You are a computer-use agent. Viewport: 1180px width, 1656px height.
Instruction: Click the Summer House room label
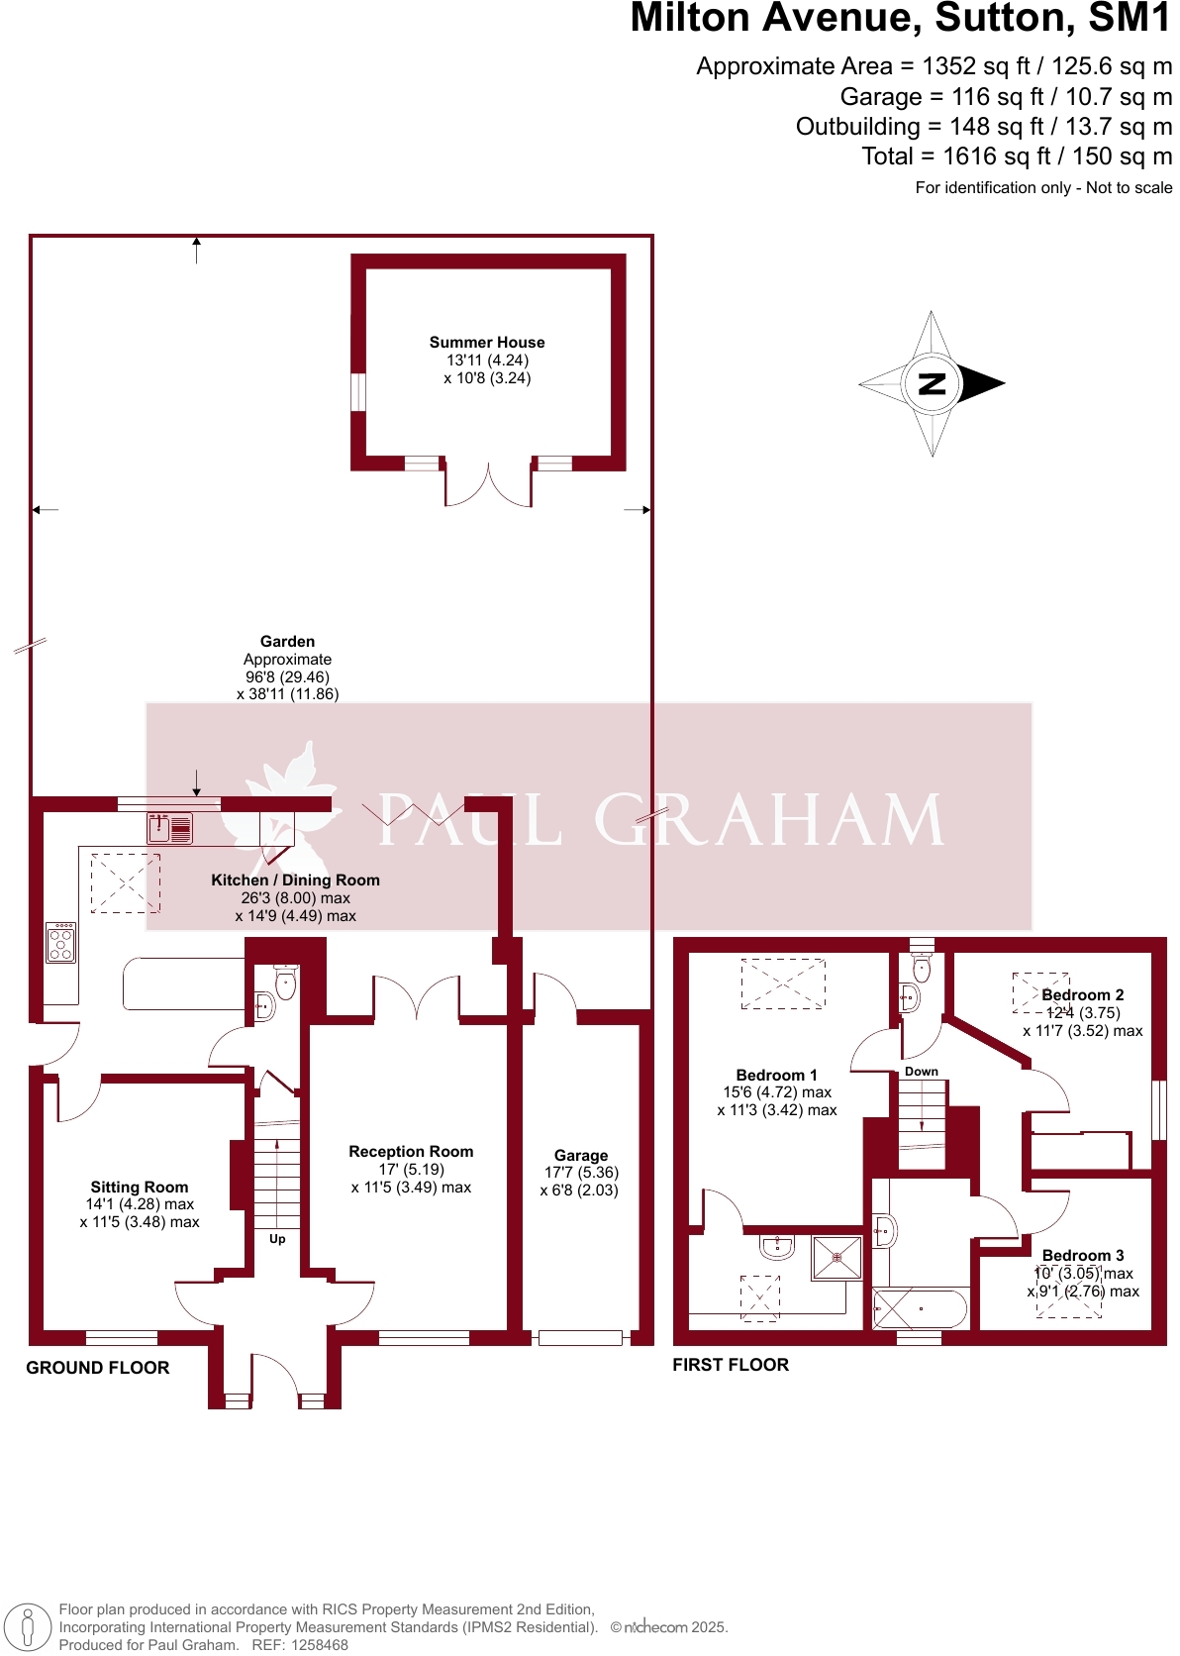coord(487,343)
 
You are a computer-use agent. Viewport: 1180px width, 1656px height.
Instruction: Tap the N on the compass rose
coord(932,384)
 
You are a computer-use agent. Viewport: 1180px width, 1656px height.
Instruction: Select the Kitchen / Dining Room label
coord(295,880)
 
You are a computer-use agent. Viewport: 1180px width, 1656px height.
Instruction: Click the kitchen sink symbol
coord(170,828)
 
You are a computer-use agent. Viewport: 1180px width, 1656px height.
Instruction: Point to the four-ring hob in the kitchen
coord(60,943)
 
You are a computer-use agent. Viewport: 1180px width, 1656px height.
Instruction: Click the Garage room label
coord(581,1156)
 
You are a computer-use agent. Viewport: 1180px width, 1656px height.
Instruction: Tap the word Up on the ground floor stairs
coord(277,1239)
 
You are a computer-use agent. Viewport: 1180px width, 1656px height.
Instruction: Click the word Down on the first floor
coord(922,1072)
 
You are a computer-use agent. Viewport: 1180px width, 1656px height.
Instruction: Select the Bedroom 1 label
coord(777,1076)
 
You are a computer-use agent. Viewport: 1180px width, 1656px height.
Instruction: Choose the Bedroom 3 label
coord(1083,1256)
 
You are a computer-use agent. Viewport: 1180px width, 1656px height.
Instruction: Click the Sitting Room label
coord(140,1188)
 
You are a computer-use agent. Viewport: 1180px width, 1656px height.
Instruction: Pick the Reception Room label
coord(411,1152)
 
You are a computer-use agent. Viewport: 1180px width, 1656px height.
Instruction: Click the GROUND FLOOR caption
coord(98,1368)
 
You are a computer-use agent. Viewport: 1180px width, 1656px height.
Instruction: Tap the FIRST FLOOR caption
coord(731,1365)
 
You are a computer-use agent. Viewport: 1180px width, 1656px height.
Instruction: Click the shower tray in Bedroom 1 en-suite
coord(836,1258)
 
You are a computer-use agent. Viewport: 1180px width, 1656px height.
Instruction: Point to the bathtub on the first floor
coord(920,1308)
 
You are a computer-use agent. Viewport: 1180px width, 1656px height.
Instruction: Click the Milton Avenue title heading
coord(900,19)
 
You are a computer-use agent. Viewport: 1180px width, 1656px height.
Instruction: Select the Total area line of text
coord(1017,156)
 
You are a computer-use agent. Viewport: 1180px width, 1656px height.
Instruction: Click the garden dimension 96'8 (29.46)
coord(287,677)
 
